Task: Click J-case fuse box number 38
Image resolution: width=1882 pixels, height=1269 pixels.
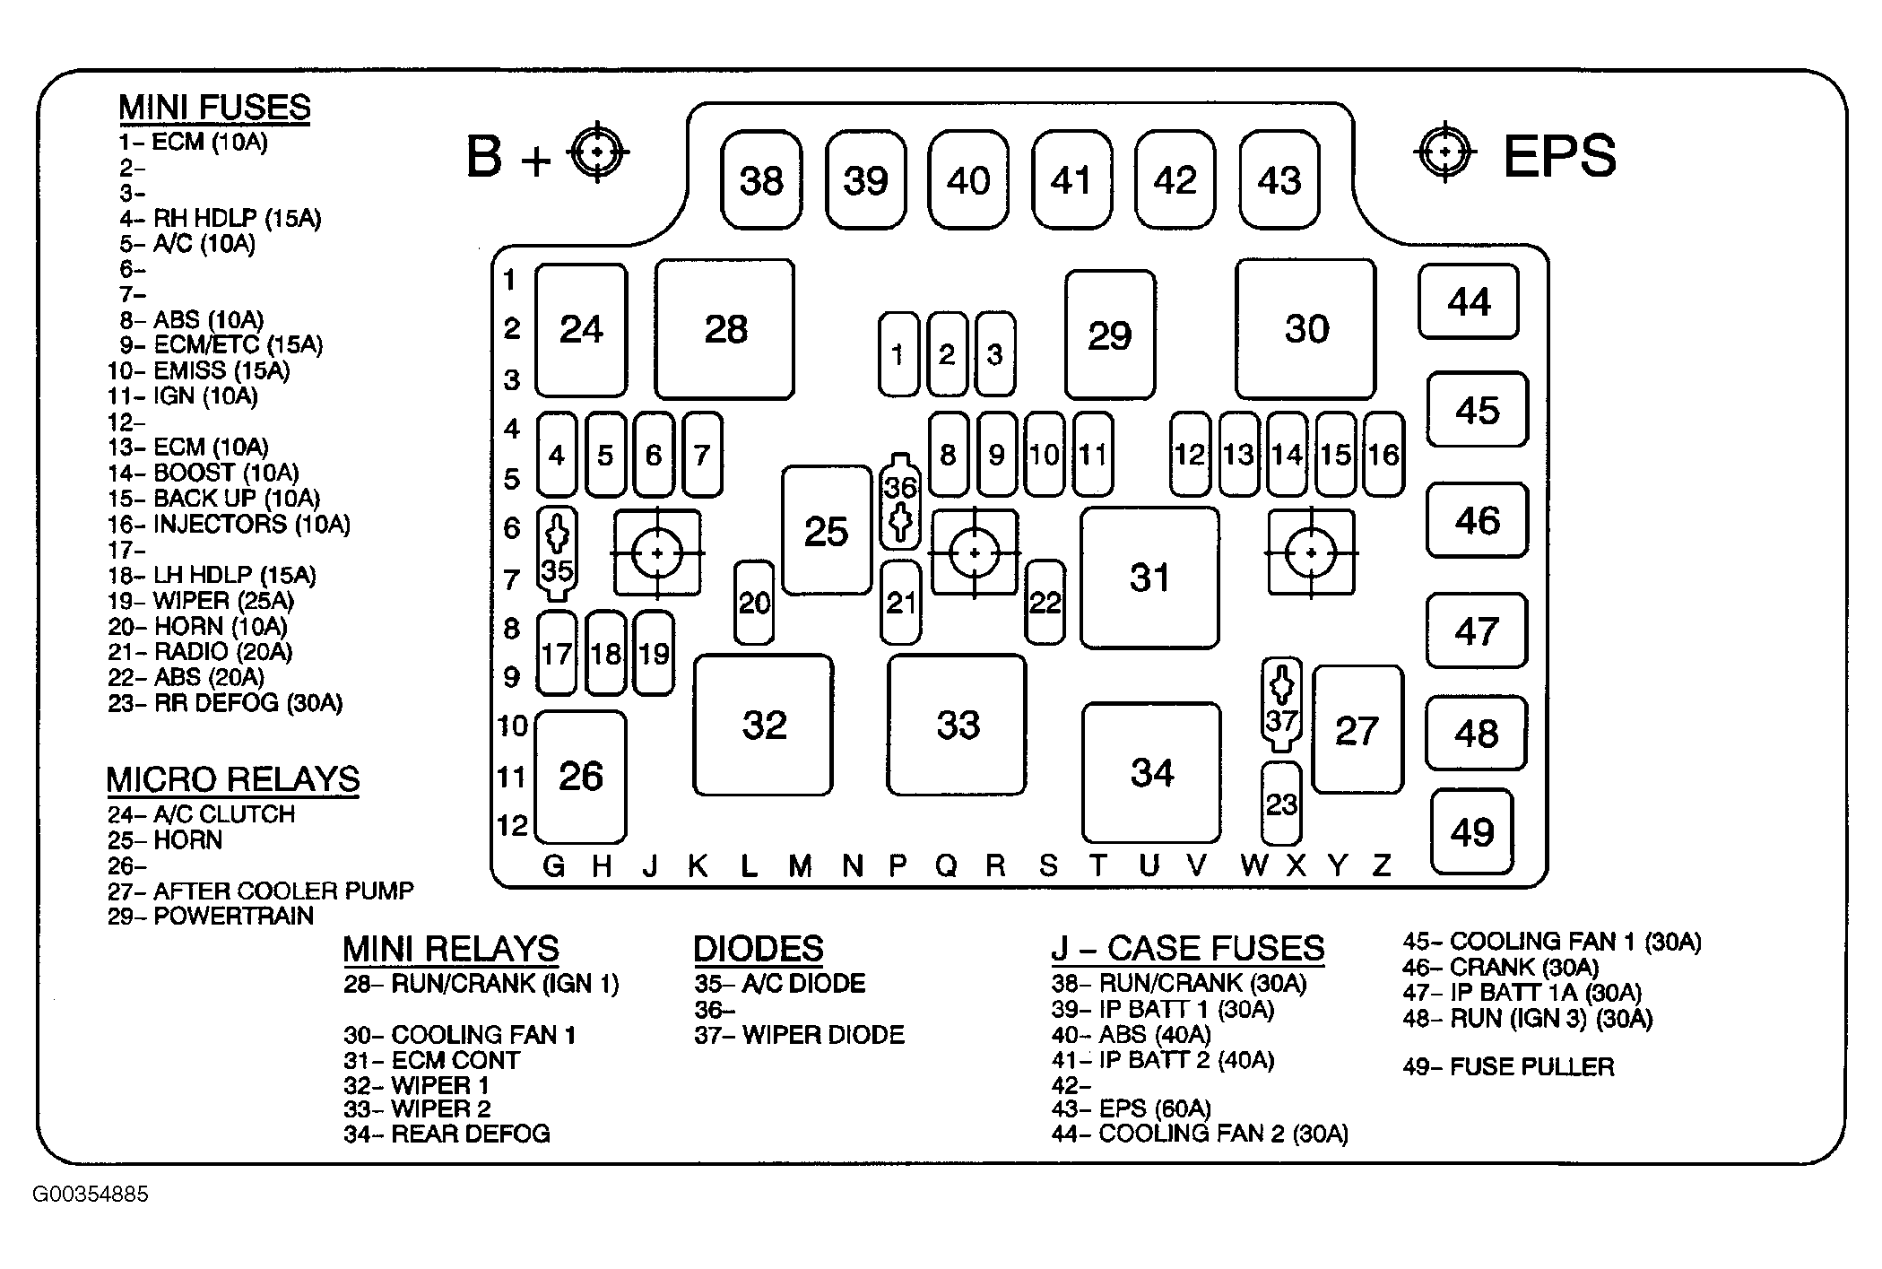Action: coord(761,180)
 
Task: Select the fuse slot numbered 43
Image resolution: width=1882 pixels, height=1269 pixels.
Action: coord(1279,180)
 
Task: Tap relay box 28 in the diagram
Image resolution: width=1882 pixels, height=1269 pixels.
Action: coord(724,329)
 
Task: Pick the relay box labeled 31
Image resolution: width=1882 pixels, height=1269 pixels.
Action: coord(1149,578)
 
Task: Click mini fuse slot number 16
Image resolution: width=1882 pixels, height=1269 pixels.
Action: coord(1383,455)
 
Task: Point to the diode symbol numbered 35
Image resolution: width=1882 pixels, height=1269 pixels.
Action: coord(557,553)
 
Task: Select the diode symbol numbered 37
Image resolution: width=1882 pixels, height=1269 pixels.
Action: coord(1282,704)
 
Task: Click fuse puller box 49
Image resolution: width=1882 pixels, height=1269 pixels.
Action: coord(1472,832)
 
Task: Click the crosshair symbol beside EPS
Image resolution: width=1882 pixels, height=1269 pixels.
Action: coord(1444,152)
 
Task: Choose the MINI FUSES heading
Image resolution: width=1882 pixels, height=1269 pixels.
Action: coord(214,108)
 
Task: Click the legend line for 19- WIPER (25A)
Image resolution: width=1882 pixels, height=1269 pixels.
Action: coord(201,601)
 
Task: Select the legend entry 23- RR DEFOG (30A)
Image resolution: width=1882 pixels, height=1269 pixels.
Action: coord(225,703)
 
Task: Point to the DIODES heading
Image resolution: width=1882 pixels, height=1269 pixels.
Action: coord(758,948)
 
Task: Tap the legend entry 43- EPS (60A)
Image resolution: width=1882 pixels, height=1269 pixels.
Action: coord(1132,1108)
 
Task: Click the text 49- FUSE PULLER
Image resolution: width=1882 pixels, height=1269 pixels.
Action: coord(1508,1066)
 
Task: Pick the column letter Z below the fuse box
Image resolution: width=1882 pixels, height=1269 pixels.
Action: coord(1382,865)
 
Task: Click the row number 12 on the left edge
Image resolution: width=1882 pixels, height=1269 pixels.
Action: coord(513,825)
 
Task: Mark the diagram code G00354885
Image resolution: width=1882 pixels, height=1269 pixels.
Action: coord(91,1195)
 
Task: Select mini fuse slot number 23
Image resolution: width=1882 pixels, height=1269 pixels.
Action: coord(1281,804)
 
